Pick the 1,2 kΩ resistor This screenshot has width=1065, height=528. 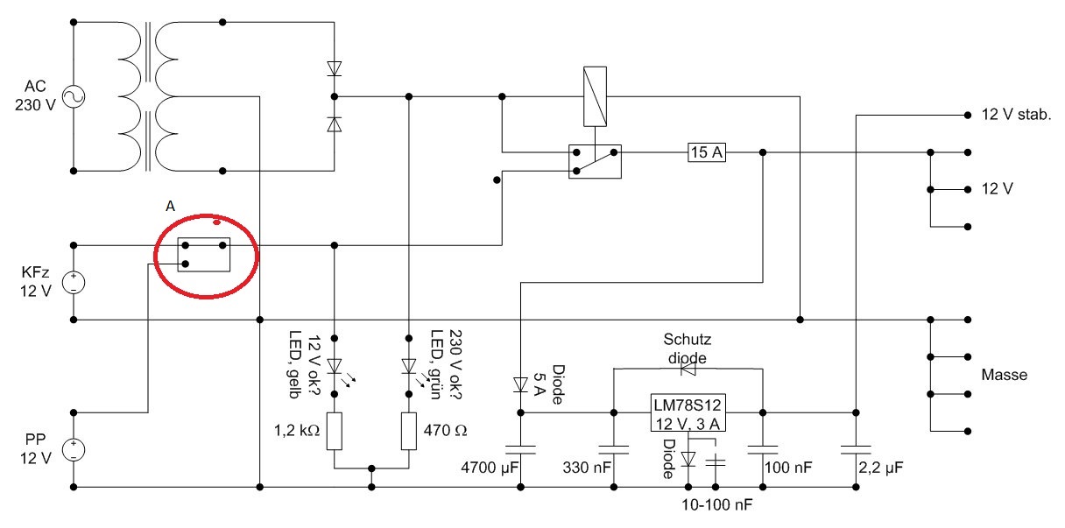point(334,430)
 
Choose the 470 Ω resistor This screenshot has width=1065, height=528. point(409,430)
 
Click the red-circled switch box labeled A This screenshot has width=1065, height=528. point(203,254)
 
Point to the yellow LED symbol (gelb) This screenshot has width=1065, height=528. point(334,365)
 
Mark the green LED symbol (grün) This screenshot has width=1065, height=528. point(409,365)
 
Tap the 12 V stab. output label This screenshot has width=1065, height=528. point(1015,116)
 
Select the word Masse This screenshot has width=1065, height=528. point(1005,375)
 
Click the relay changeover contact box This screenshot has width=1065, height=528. point(595,161)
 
